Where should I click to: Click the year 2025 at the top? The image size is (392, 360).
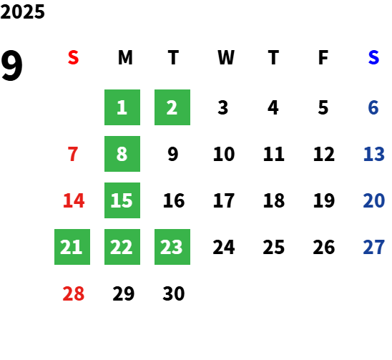(x=22, y=11)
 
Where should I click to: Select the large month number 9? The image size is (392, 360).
(x=11, y=65)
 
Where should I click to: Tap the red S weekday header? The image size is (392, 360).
(x=73, y=57)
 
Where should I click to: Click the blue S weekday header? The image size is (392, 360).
(x=373, y=57)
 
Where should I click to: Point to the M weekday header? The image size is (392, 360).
(x=125, y=57)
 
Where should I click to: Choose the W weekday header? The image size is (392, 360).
(x=226, y=57)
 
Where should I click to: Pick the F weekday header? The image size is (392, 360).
(x=323, y=57)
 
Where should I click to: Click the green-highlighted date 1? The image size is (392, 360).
(x=122, y=107)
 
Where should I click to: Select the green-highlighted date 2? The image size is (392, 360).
(x=172, y=107)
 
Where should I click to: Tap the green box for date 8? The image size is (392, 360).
(x=122, y=154)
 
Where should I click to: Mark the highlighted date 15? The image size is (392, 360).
(x=122, y=200)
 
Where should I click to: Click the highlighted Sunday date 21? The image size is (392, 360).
(x=72, y=247)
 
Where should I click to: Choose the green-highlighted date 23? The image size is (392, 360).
(x=172, y=247)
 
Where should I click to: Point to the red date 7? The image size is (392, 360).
(x=73, y=154)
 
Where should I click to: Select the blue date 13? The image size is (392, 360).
(x=373, y=154)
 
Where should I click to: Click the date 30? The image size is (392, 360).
(x=174, y=293)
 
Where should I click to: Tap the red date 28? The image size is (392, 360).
(x=73, y=293)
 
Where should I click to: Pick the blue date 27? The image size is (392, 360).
(x=373, y=247)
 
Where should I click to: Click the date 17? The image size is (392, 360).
(x=224, y=200)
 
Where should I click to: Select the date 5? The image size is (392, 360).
(x=323, y=107)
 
